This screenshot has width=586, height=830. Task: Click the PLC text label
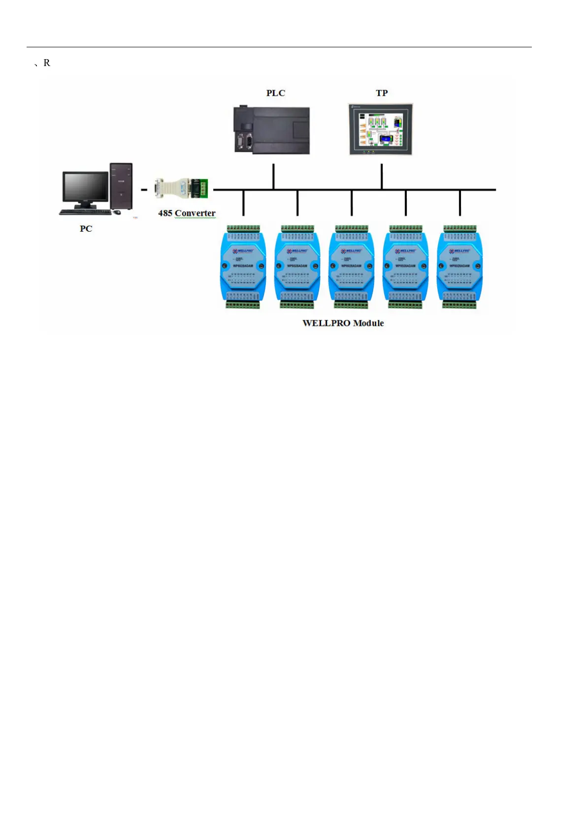coord(275,93)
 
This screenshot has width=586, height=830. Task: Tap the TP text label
coord(382,93)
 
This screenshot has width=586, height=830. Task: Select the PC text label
coord(86,229)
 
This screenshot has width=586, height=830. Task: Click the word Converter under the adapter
coord(195,213)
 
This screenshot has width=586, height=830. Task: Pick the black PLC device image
coord(271,130)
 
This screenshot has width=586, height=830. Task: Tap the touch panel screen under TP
coord(381,129)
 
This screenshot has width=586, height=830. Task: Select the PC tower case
coord(121,186)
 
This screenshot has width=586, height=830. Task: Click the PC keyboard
coord(85,212)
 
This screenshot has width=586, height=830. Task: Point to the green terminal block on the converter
coord(202,189)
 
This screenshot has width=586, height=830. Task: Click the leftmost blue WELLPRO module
coord(243,267)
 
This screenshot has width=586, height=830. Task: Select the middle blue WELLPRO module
coord(351,267)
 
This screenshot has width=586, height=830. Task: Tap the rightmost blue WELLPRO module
coord(459,267)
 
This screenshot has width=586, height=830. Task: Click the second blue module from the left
coord(297,267)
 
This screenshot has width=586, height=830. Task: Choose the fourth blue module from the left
coord(405,267)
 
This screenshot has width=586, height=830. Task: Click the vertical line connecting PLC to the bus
coord(273,176)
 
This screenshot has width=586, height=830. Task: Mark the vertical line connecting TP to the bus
coord(382,176)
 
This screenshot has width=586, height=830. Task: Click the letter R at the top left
coord(47,63)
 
